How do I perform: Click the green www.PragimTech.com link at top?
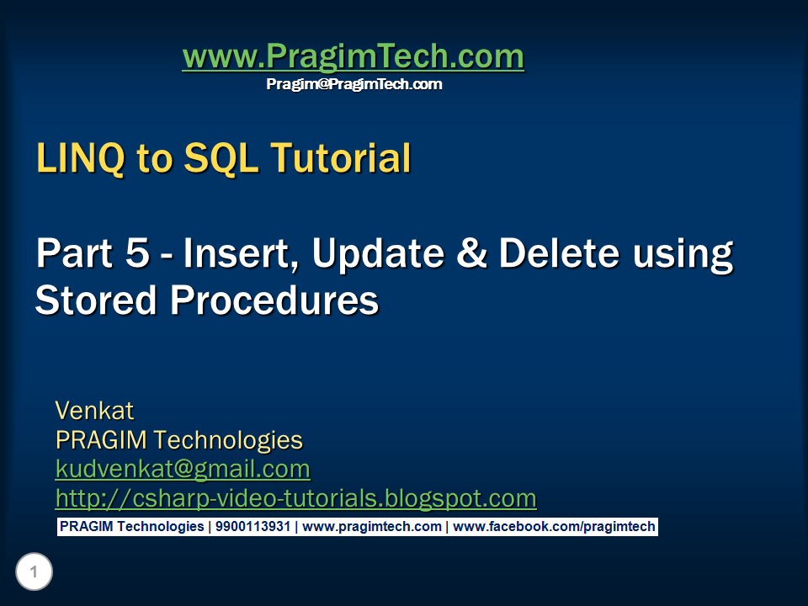pyautogui.click(x=353, y=56)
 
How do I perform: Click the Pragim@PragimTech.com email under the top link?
pyautogui.click(x=354, y=84)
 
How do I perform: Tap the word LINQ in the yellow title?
pyautogui.click(x=81, y=158)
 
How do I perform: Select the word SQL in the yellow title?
pyautogui.click(x=221, y=157)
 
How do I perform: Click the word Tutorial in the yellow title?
pyautogui.click(x=341, y=157)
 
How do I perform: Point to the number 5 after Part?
pyautogui.click(x=137, y=253)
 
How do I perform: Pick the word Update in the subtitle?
pyautogui.click(x=378, y=254)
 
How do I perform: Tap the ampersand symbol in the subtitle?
pyautogui.click(x=471, y=253)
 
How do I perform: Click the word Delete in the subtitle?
pyautogui.click(x=559, y=253)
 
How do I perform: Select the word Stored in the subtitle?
pyautogui.click(x=96, y=300)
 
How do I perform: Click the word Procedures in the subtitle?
pyautogui.click(x=274, y=300)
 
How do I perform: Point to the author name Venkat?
pyautogui.click(x=95, y=411)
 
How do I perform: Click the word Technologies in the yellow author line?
pyautogui.click(x=228, y=440)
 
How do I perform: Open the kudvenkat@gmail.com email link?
pyautogui.click(x=183, y=470)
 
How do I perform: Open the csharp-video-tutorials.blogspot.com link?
pyautogui.click(x=295, y=499)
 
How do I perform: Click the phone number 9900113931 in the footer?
pyautogui.click(x=253, y=527)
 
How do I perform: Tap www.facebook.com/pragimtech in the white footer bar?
pyautogui.click(x=554, y=527)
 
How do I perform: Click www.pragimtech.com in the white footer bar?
pyautogui.click(x=372, y=527)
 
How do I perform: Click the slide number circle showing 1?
pyautogui.click(x=34, y=571)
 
